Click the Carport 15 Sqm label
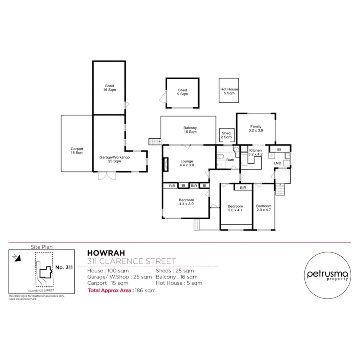[77, 151]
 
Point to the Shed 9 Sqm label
[182, 92]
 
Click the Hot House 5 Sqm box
[229, 91]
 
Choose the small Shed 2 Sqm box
[226, 135]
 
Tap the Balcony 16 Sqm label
[190, 130]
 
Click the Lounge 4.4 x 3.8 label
[187, 163]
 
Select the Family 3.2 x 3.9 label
[256, 128]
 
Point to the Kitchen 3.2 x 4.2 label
[256, 152]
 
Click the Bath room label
[230, 160]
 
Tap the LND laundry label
[277, 163]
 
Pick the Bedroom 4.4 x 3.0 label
[186, 202]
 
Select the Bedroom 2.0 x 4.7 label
[264, 208]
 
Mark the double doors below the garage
[106, 176]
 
